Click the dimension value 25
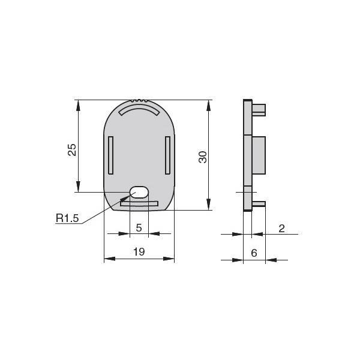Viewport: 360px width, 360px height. pos(72,150)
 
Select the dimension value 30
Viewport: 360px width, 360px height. pos(203,157)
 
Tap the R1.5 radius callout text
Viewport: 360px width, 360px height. pos(67,218)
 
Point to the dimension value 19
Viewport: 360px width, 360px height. pos(139,251)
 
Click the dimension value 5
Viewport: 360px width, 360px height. pos(139,228)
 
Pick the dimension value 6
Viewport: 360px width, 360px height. pos(254,253)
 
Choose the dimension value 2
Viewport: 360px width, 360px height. pos(282,229)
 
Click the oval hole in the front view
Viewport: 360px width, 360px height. pos(139,192)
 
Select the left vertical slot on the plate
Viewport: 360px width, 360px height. pos(110,155)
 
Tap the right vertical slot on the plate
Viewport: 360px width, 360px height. pos(168,155)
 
